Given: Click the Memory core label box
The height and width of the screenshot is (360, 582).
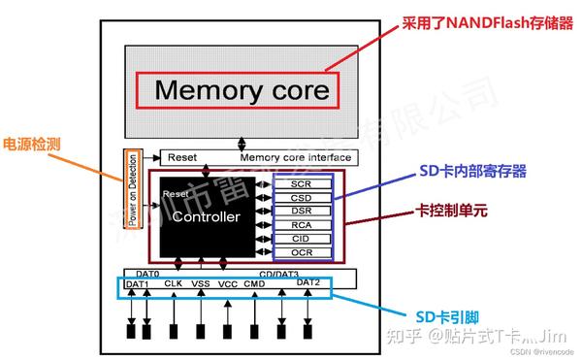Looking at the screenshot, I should [x=242, y=91].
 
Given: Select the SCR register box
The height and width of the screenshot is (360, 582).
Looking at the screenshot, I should [x=303, y=183].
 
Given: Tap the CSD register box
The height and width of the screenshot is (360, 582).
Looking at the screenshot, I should [x=303, y=197].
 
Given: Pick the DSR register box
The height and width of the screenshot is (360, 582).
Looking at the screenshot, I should [x=303, y=211].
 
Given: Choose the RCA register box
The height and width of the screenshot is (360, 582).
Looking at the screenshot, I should [x=303, y=224].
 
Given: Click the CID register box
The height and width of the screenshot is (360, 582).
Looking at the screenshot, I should [x=303, y=238].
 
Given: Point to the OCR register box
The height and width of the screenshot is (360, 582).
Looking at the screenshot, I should [x=303, y=252].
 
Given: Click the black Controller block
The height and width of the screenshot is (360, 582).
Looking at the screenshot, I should [x=205, y=217].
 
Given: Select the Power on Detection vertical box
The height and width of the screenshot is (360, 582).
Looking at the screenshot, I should [x=133, y=188].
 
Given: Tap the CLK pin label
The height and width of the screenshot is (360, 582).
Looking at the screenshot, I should [x=174, y=283].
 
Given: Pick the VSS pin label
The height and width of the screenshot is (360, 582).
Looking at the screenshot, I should [x=201, y=284].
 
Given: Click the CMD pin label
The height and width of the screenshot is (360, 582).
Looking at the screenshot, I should [x=255, y=284].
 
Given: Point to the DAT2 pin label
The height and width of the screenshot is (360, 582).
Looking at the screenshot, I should [x=307, y=283].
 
